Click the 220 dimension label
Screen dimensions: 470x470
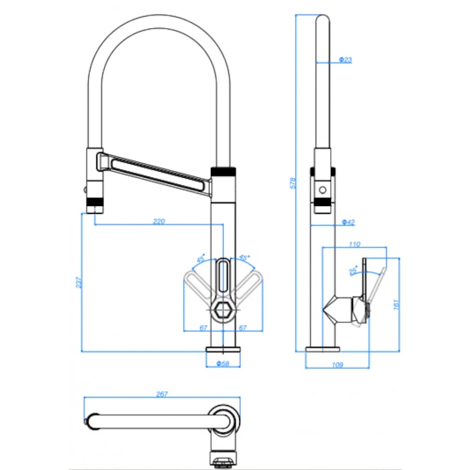tap(159, 221)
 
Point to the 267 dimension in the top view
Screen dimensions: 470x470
tap(162, 395)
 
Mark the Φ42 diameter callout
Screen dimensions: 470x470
tap(348, 221)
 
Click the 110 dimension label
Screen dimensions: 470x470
tap(355, 244)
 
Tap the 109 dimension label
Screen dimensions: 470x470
tap(338, 365)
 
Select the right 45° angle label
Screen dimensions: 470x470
tap(244, 257)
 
